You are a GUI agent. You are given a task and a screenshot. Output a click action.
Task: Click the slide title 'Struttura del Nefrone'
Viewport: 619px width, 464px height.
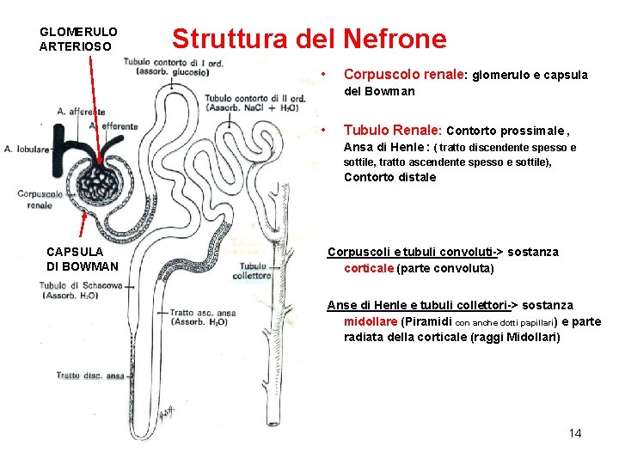[309, 40]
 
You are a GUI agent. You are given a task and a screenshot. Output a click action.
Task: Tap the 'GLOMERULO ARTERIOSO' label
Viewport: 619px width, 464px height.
[78, 39]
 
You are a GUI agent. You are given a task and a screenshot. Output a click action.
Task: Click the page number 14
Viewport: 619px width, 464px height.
[575, 433]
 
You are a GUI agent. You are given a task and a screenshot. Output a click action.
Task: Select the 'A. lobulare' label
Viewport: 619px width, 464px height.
[26, 149]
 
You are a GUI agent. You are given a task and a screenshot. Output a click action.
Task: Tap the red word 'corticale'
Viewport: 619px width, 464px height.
[369, 268]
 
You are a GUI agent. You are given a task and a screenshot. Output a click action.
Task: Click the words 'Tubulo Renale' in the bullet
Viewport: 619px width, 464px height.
[392, 131]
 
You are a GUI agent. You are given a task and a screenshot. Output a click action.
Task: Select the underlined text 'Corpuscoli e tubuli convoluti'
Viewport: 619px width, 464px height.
[409, 252]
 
